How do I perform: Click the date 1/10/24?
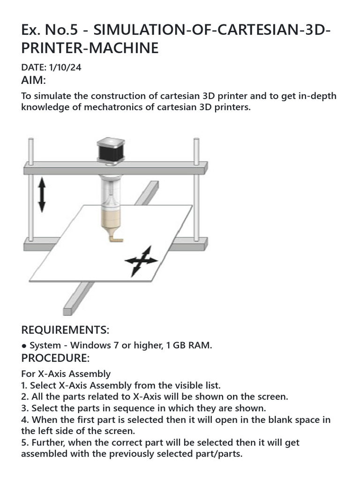[x=63, y=67]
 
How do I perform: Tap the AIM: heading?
[x=34, y=81]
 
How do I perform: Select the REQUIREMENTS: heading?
[x=65, y=330]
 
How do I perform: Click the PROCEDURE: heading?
[x=55, y=358]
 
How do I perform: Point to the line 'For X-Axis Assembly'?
[x=66, y=374]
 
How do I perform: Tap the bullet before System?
[x=24, y=346]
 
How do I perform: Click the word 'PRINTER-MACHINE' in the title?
[x=90, y=49]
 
